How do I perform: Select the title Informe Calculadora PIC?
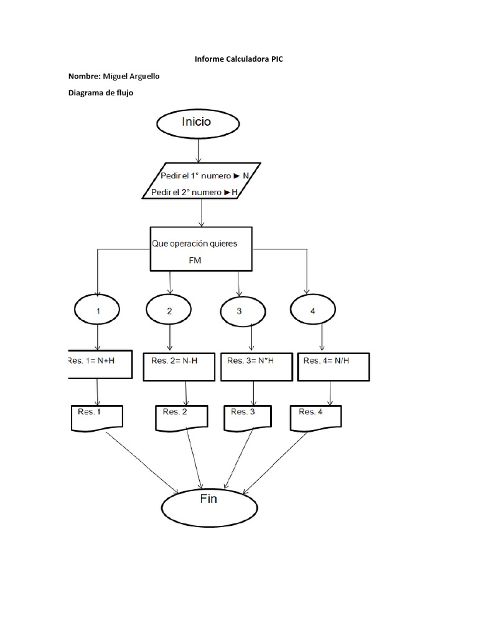pos(238,59)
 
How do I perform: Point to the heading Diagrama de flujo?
pos(101,93)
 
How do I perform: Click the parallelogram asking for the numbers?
pos(201,181)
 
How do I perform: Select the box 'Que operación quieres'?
pos(201,248)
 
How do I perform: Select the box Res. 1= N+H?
pos(100,364)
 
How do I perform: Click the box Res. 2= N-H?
pos(179,367)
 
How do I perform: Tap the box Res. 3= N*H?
pos(256,367)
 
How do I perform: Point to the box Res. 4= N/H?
pos(334,367)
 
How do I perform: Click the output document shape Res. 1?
pos(97,417)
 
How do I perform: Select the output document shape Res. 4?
pos(316,417)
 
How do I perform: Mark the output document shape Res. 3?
pos(247,417)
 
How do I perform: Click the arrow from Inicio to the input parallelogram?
pos(198,151)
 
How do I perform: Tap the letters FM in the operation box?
pos(195,262)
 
